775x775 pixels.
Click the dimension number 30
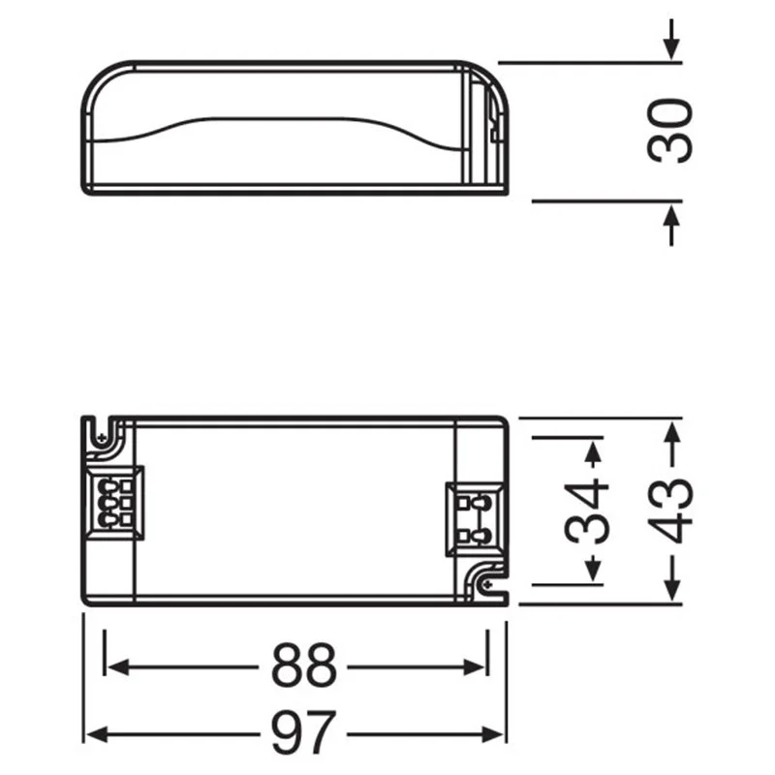tap(669, 131)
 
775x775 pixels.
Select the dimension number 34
tap(587, 511)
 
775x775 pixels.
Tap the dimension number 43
tap(669, 511)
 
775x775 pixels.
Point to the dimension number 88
tap(303, 666)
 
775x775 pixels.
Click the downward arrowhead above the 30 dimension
tap(670, 49)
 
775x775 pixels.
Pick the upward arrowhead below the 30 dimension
tap(670, 217)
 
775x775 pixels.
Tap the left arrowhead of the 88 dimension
tap(118, 666)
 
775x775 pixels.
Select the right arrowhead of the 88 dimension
tap(474, 666)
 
